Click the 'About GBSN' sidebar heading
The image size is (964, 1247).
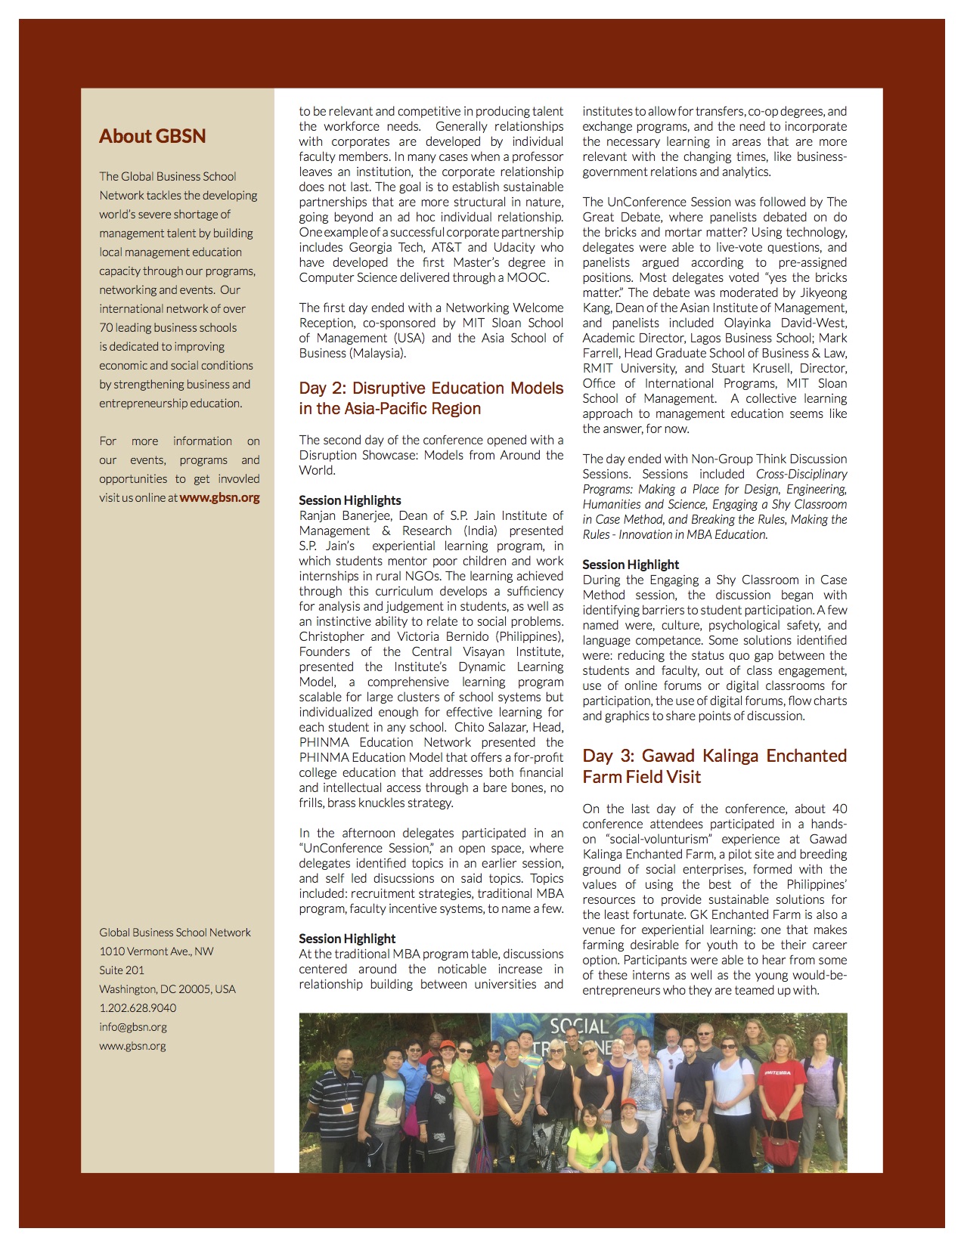(152, 136)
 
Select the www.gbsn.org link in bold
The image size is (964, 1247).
(219, 498)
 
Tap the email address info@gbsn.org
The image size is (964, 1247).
(133, 1027)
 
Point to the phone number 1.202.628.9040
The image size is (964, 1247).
(138, 1008)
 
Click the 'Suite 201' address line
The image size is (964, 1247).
(122, 970)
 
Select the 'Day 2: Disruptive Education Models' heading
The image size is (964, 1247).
(431, 388)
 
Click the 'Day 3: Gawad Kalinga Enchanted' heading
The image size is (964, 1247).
(714, 757)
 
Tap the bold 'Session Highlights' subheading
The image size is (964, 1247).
(349, 500)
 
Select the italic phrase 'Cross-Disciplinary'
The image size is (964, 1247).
(801, 474)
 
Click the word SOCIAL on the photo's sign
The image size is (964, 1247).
(579, 1026)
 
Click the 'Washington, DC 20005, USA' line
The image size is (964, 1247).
(167, 989)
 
